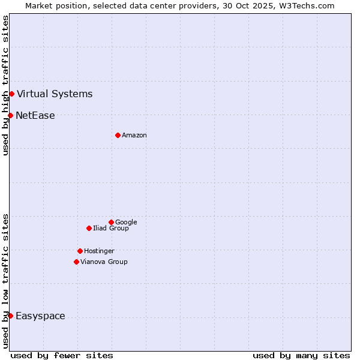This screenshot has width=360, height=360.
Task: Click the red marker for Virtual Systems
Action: (11, 94)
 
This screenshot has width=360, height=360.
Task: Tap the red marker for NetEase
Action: (10, 115)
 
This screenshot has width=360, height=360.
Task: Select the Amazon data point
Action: (118, 135)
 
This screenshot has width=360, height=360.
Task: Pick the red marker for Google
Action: (111, 222)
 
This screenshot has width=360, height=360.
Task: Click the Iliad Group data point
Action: (89, 228)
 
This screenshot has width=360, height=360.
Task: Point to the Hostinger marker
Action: (80, 251)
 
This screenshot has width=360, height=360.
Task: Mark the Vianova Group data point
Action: (76, 262)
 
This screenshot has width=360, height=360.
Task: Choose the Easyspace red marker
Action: (10, 316)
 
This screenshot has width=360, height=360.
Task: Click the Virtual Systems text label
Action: (55, 94)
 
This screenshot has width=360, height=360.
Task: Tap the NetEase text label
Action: (35, 116)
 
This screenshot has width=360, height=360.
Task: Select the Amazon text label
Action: (134, 135)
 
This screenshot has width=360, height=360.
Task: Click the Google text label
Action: (126, 222)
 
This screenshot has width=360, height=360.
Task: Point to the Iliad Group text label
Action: (111, 228)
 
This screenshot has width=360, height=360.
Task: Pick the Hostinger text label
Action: (99, 251)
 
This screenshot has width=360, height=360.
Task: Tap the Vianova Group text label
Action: (104, 262)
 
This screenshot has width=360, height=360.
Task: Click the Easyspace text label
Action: (40, 316)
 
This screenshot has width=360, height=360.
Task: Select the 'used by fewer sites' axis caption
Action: (62, 355)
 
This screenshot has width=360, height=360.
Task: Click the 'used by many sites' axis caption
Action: (301, 355)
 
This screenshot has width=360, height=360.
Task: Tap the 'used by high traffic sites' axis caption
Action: (5, 85)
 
